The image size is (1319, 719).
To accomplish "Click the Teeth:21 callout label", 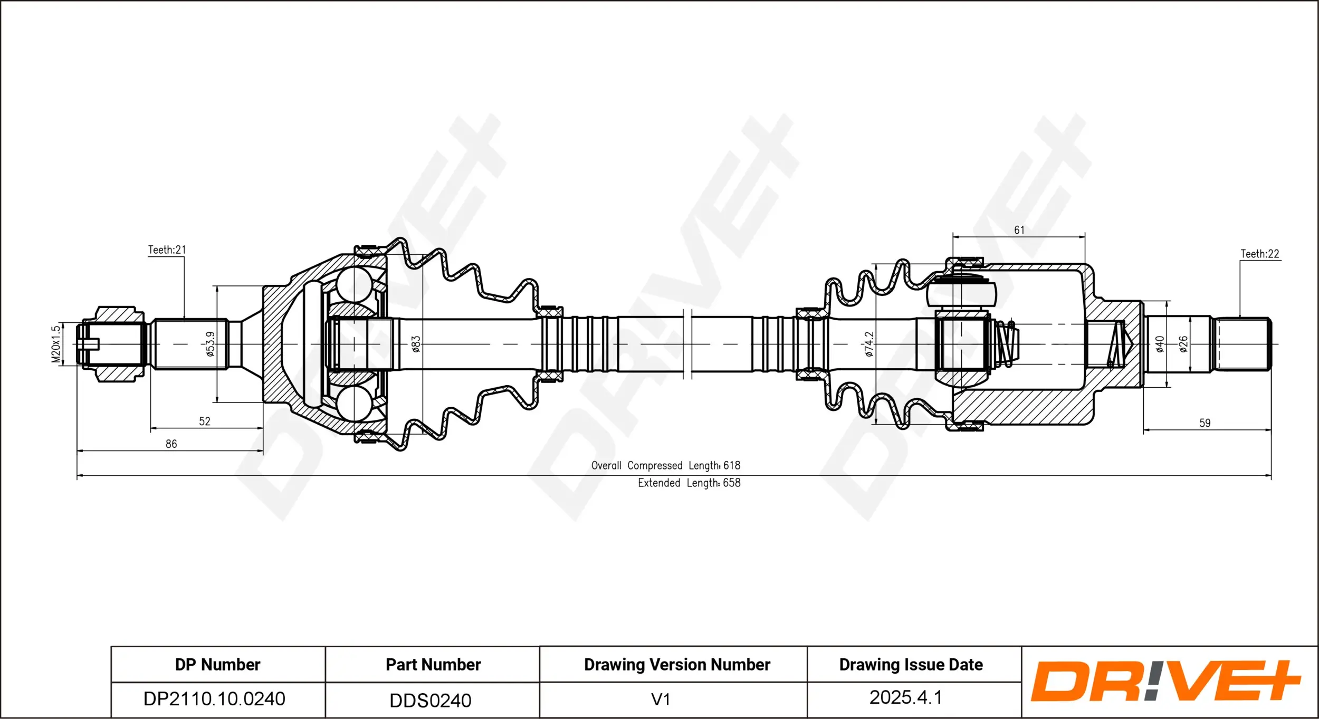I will pyautogui.click(x=167, y=250).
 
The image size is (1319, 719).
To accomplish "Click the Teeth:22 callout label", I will pyautogui.click(x=1259, y=254).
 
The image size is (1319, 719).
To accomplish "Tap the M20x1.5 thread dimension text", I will pyautogui.click(x=56, y=344).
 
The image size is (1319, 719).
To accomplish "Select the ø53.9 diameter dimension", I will pyautogui.click(x=210, y=344).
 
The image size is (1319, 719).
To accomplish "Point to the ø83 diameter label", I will pyautogui.click(x=416, y=344).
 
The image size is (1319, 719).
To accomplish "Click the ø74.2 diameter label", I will pyautogui.click(x=869, y=344).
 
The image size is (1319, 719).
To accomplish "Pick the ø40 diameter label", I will pyautogui.click(x=1160, y=344).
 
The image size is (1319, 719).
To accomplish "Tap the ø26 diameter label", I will pyautogui.click(x=1183, y=344).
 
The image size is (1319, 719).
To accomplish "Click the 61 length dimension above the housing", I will pyautogui.click(x=1019, y=230).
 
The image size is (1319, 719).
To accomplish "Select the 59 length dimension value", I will pyautogui.click(x=1205, y=423).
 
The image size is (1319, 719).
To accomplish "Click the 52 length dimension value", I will pyautogui.click(x=205, y=421).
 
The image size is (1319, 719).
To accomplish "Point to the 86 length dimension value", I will pyautogui.click(x=171, y=444).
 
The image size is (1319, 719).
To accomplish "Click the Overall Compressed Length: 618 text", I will pyautogui.click(x=665, y=465).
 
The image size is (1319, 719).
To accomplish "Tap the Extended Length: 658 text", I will pyautogui.click(x=689, y=483).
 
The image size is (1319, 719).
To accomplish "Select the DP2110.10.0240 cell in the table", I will pyautogui.click(x=214, y=698).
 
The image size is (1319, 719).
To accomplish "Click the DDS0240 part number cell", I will pyautogui.click(x=430, y=700).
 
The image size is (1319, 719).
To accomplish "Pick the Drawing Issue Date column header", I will pyautogui.click(x=911, y=664).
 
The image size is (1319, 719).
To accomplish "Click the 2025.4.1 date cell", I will pyautogui.click(x=905, y=697).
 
